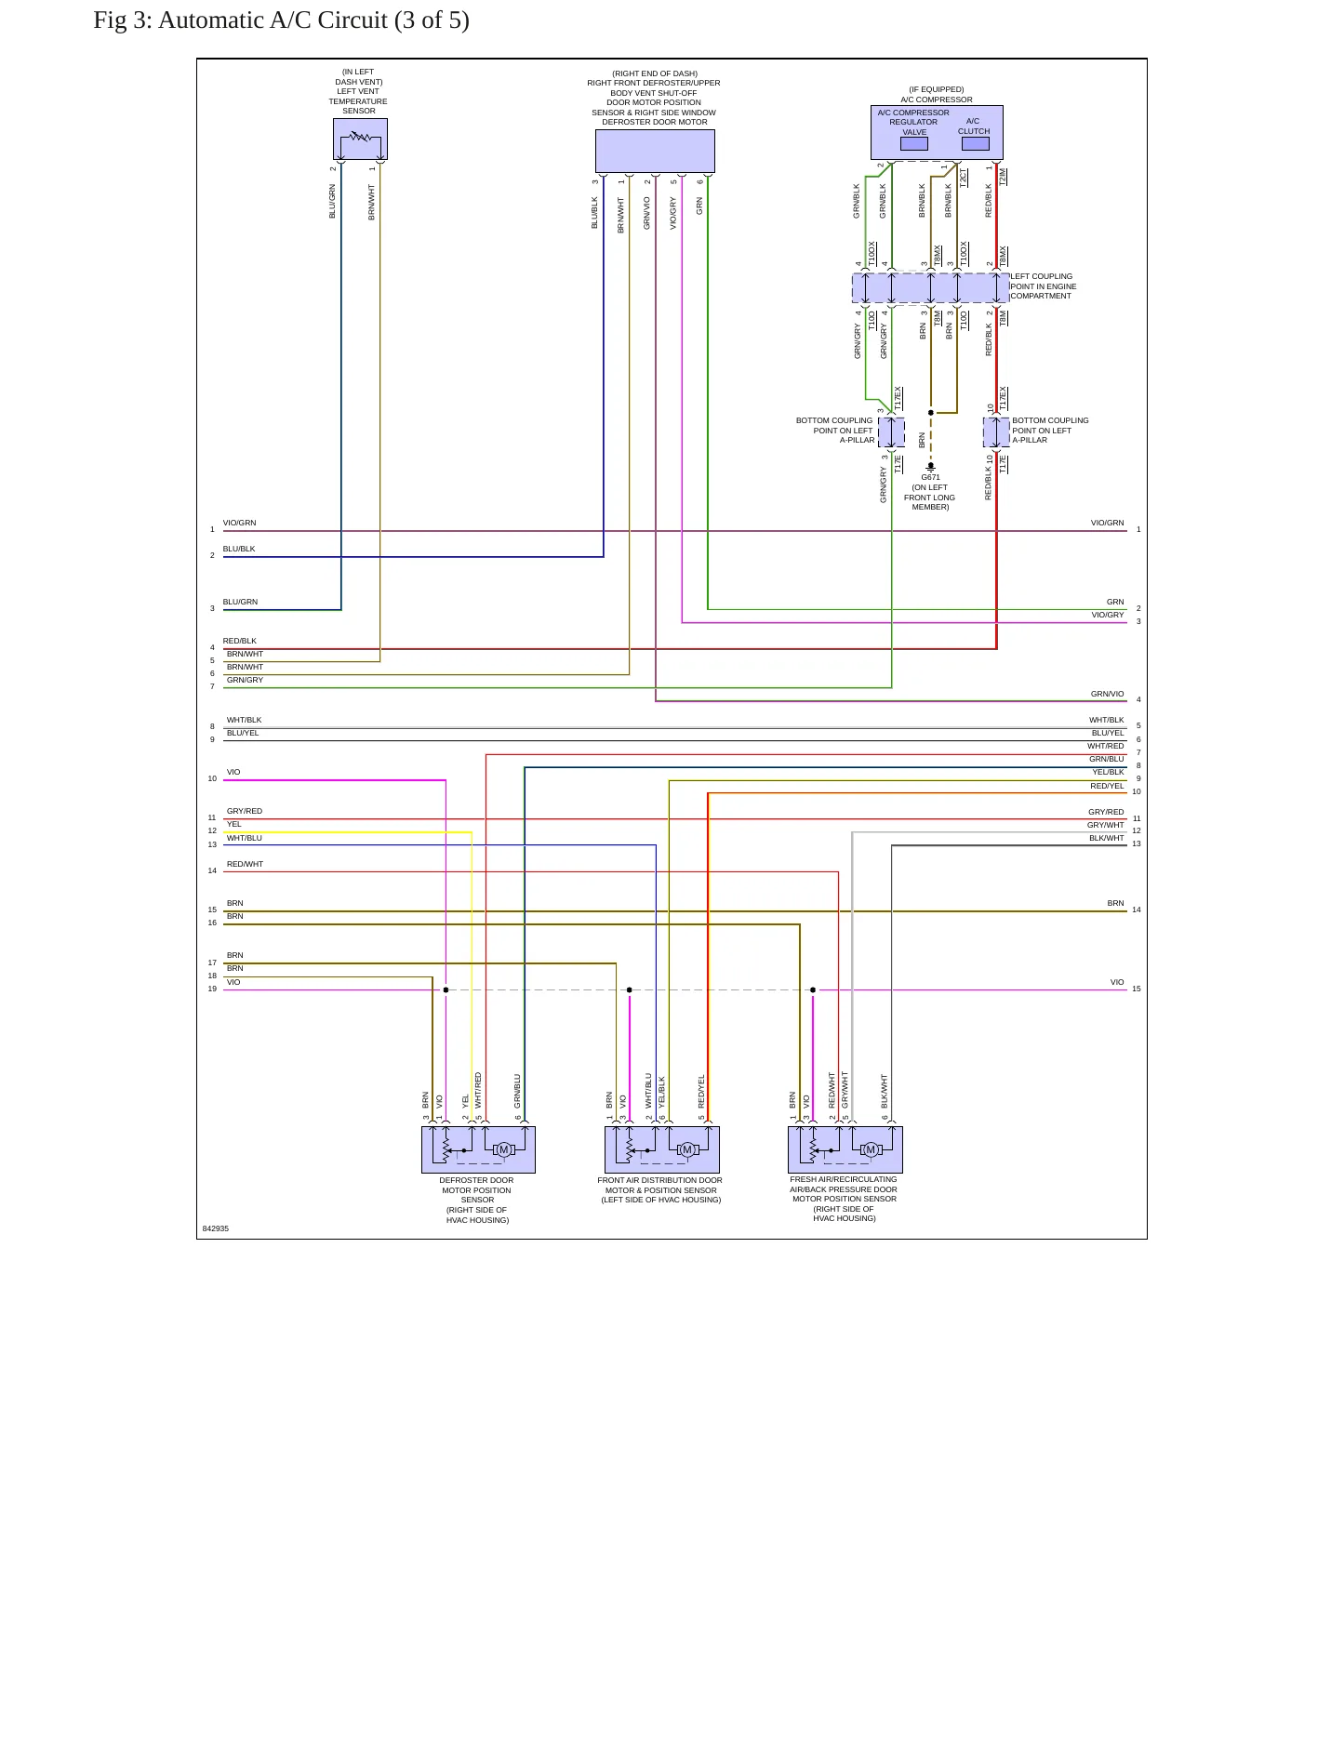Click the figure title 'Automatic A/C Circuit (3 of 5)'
[x=313, y=20]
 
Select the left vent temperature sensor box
[x=360, y=139]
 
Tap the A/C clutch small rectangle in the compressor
[x=975, y=143]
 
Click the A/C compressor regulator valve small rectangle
[x=913, y=143]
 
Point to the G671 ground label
[x=930, y=477]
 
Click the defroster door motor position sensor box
[x=478, y=1149]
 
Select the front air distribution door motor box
[x=661, y=1149]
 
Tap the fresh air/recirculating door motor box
[x=845, y=1149]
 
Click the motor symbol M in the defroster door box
[x=503, y=1150]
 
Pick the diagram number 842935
[x=215, y=1228]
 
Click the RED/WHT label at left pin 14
[x=245, y=864]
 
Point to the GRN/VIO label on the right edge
[x=1107, y=694]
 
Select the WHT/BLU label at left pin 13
[x=244, y=838]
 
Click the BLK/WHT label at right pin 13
[x=1107, y=838]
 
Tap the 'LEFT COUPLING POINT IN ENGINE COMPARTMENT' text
[x=1043, y=286]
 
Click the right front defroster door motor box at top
[x=655, y=151]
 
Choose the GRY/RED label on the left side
[x=245, y=811]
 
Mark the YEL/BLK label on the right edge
[x=1108, y=772]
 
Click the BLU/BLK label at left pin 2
[x=239, y=549]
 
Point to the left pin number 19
[x=212, y=989]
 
